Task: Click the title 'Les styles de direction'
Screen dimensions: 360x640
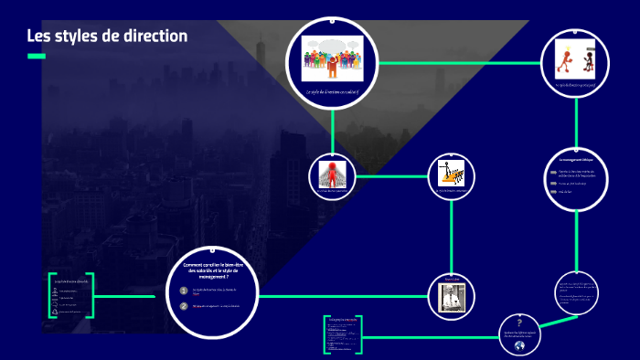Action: [x=107, y=37]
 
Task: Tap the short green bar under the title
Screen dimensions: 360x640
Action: [x=36, y=57]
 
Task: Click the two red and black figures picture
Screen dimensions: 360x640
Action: [x=574, y=60]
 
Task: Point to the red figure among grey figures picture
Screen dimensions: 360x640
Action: [x=331, y=173]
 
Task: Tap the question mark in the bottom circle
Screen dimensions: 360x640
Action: [x=519, y=322]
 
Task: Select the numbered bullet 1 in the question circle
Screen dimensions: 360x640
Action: [x=184, y=291]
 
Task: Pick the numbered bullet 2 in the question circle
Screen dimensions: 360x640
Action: [x=184, y=306]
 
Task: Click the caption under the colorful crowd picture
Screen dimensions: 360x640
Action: [x=333, y=93]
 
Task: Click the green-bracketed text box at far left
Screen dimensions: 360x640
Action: [x=69, y=296]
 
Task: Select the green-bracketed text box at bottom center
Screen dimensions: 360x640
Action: [x=344, y=334]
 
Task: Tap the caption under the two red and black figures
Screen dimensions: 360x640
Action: [x=574, y=85]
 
